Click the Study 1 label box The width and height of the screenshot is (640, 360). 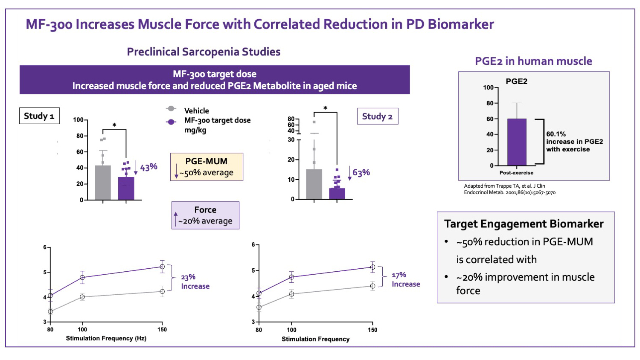pyautogui.click(x=39, y=116)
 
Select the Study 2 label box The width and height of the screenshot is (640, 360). pyautogui.click(x=377, y=116)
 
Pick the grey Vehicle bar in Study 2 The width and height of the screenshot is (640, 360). pyautogui.click(x=314, y=184)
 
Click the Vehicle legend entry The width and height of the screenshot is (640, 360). pyautogui.click(x=196, y=110)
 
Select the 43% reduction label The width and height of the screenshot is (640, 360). pyautogui.click(x=148, y=167)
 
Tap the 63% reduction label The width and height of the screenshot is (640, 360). pyautogui.click(x=361, y=173)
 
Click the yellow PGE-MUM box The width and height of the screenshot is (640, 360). pyautogui.click(x=207, y=167)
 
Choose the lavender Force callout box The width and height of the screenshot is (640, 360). pyautogui.click(x=205, y=215)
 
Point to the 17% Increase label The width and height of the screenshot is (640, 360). pyautogui.click(x=406, y=280)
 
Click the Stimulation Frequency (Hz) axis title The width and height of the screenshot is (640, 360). pyautogui.click(x=106, y=338)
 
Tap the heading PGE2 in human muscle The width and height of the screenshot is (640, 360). pyautogui.click(x=533, y=61)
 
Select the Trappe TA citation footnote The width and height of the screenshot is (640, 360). pyautogui.click(x=509, y=189)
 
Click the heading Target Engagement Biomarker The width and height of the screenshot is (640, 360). pyautogui.click(x=524, y=224)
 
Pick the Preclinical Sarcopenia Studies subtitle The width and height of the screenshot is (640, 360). pyautogui.click(x=204, y=52)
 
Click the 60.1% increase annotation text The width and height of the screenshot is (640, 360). pyautogui.click(x=574, y=142)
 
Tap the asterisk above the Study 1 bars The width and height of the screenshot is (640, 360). pyautogui.click(x=114, y=125)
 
